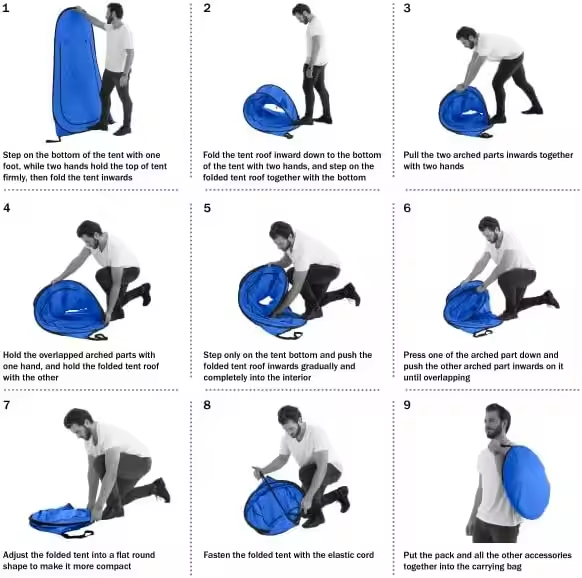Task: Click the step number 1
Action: [x=6, y=8]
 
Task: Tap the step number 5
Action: [x=207, y=208]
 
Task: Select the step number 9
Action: [x=407, y=405]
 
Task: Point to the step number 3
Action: [x=407, y=8]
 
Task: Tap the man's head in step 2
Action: [x=302, y=13]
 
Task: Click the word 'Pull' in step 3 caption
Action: [x=411, y=155]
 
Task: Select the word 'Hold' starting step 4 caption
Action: [x=12, y=355]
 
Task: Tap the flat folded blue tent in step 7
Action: [x=61, y=519]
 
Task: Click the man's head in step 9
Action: [x=498, y=421]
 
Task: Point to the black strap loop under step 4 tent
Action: [x=98, y=337]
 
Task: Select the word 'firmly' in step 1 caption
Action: [x=14, y=177]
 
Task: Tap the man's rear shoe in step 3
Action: [x=532, y=110]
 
